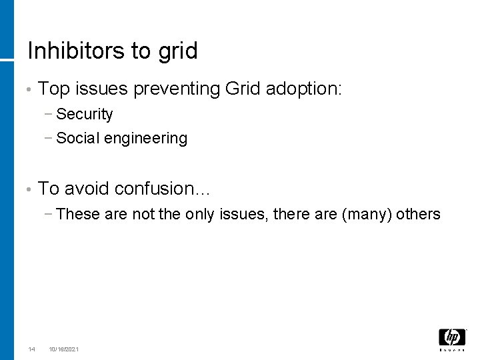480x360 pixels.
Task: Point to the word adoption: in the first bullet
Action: [304, 88]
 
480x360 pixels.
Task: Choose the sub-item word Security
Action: [85, 115]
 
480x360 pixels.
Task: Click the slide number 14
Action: [31, 349]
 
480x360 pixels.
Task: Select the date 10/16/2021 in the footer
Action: [63, 349]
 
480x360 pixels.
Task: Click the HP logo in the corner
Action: [452, 339]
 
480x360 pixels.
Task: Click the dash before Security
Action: [51, 115]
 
